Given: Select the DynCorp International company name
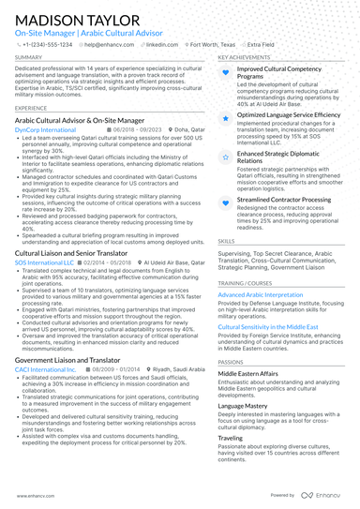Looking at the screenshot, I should (46, 130).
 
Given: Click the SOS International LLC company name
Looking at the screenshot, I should (44, 263).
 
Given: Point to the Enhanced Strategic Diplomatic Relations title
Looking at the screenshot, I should (281, 157).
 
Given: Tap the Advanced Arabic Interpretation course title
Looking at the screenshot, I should (262, 294).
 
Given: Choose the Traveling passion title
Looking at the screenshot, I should (231, 437).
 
